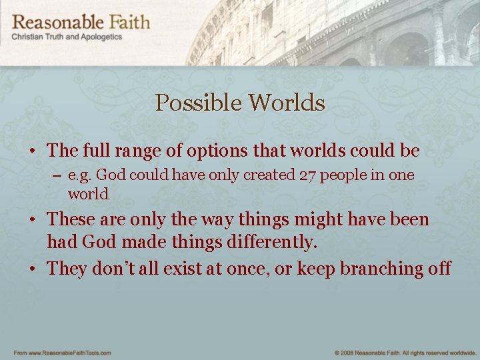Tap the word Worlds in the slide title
(x=287, y=103)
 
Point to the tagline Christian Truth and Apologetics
(x=67, y=37)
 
